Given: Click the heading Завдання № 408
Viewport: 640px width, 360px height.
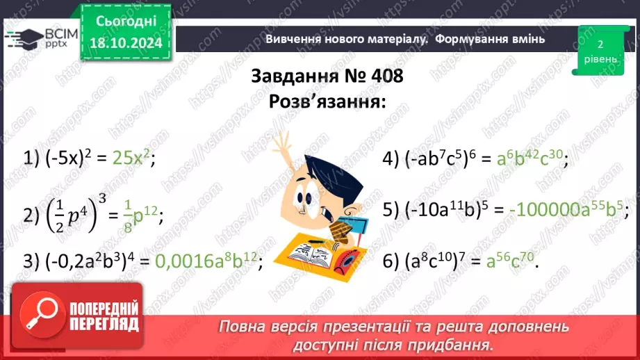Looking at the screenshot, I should [327, 76].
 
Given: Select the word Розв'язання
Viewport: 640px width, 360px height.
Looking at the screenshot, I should [327, 101].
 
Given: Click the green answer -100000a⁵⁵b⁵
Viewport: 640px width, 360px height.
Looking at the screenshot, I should [566, 209].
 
